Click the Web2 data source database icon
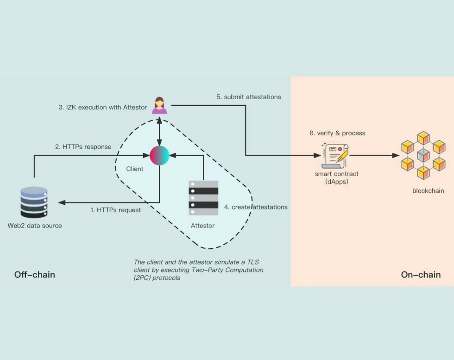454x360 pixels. coord(34,202)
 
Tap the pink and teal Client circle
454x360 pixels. coord(159,155)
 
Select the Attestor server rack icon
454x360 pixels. coord(203,198)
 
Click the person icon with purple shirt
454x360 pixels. coord(159,105)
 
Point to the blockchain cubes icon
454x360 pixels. coord(423,156)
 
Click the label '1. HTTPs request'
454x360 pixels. coord(115,210)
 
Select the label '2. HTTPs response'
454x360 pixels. coord(83,147)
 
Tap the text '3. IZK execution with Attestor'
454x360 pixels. coord(102,107)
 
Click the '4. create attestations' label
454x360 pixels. coord(256,207)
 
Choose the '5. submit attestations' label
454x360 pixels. coord(249,97)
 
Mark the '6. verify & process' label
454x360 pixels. coord(337,133)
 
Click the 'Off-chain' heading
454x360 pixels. coord(35,275)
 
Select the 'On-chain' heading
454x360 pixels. coord(421,275)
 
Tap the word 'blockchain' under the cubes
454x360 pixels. coord(428,191)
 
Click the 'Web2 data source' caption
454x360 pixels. coord(34,226)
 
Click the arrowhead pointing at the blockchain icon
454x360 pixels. coord(396,156)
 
